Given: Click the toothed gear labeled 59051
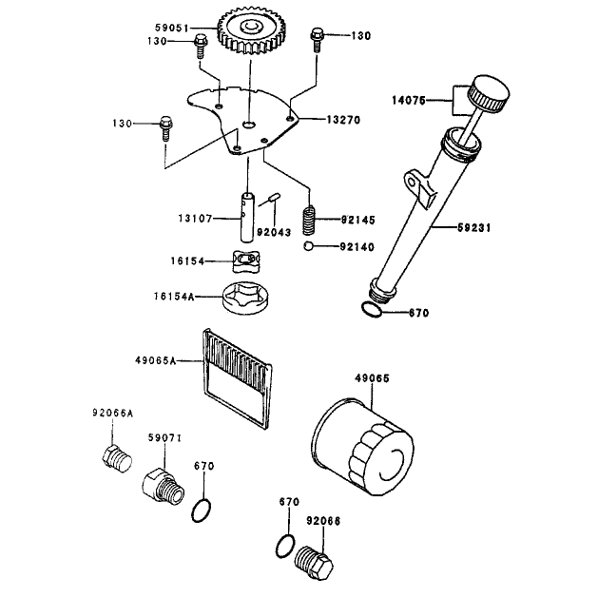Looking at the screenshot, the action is pos(251,32).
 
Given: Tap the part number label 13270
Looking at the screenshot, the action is pos(343,120).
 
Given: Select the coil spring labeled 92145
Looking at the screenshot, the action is pos(310,221).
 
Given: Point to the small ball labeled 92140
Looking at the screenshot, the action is pos(308,246).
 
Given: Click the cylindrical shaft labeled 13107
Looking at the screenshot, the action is pos(247,218).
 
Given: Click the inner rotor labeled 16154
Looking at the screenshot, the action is pos(246,261).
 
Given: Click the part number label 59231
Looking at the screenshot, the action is pos(474,227).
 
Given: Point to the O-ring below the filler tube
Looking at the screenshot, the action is pos(372,310).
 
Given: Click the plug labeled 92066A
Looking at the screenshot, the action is pos(117,459).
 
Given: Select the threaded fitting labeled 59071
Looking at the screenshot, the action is pos(164,487).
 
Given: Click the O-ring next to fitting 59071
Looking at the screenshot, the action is pos(201,511).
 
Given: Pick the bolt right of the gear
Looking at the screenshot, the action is pos(318,39).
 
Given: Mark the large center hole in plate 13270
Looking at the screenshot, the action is pos(249,124).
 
